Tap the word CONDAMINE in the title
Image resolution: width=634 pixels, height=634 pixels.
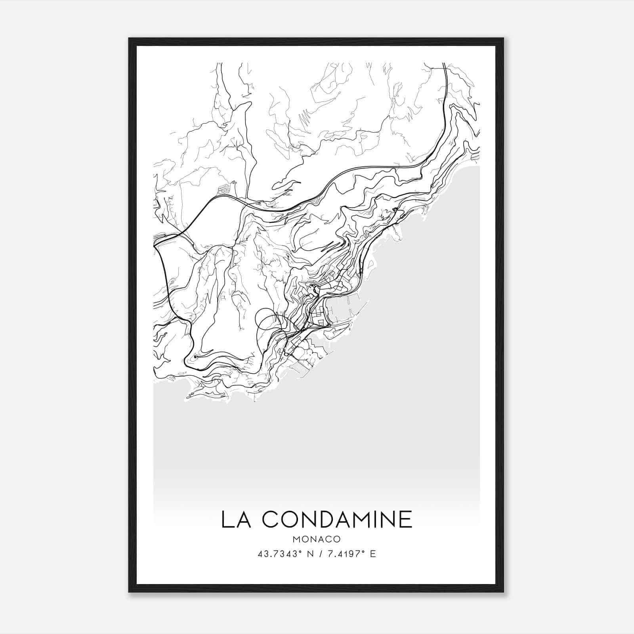337,519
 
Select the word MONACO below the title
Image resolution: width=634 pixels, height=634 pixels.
317,539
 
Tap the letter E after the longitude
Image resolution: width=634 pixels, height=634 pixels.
372,554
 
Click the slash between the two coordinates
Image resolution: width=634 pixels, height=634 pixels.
319,554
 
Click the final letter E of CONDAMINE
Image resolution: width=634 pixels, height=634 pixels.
406,519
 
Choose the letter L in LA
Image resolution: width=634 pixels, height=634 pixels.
227,519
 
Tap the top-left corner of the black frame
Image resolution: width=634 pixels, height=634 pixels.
130,39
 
